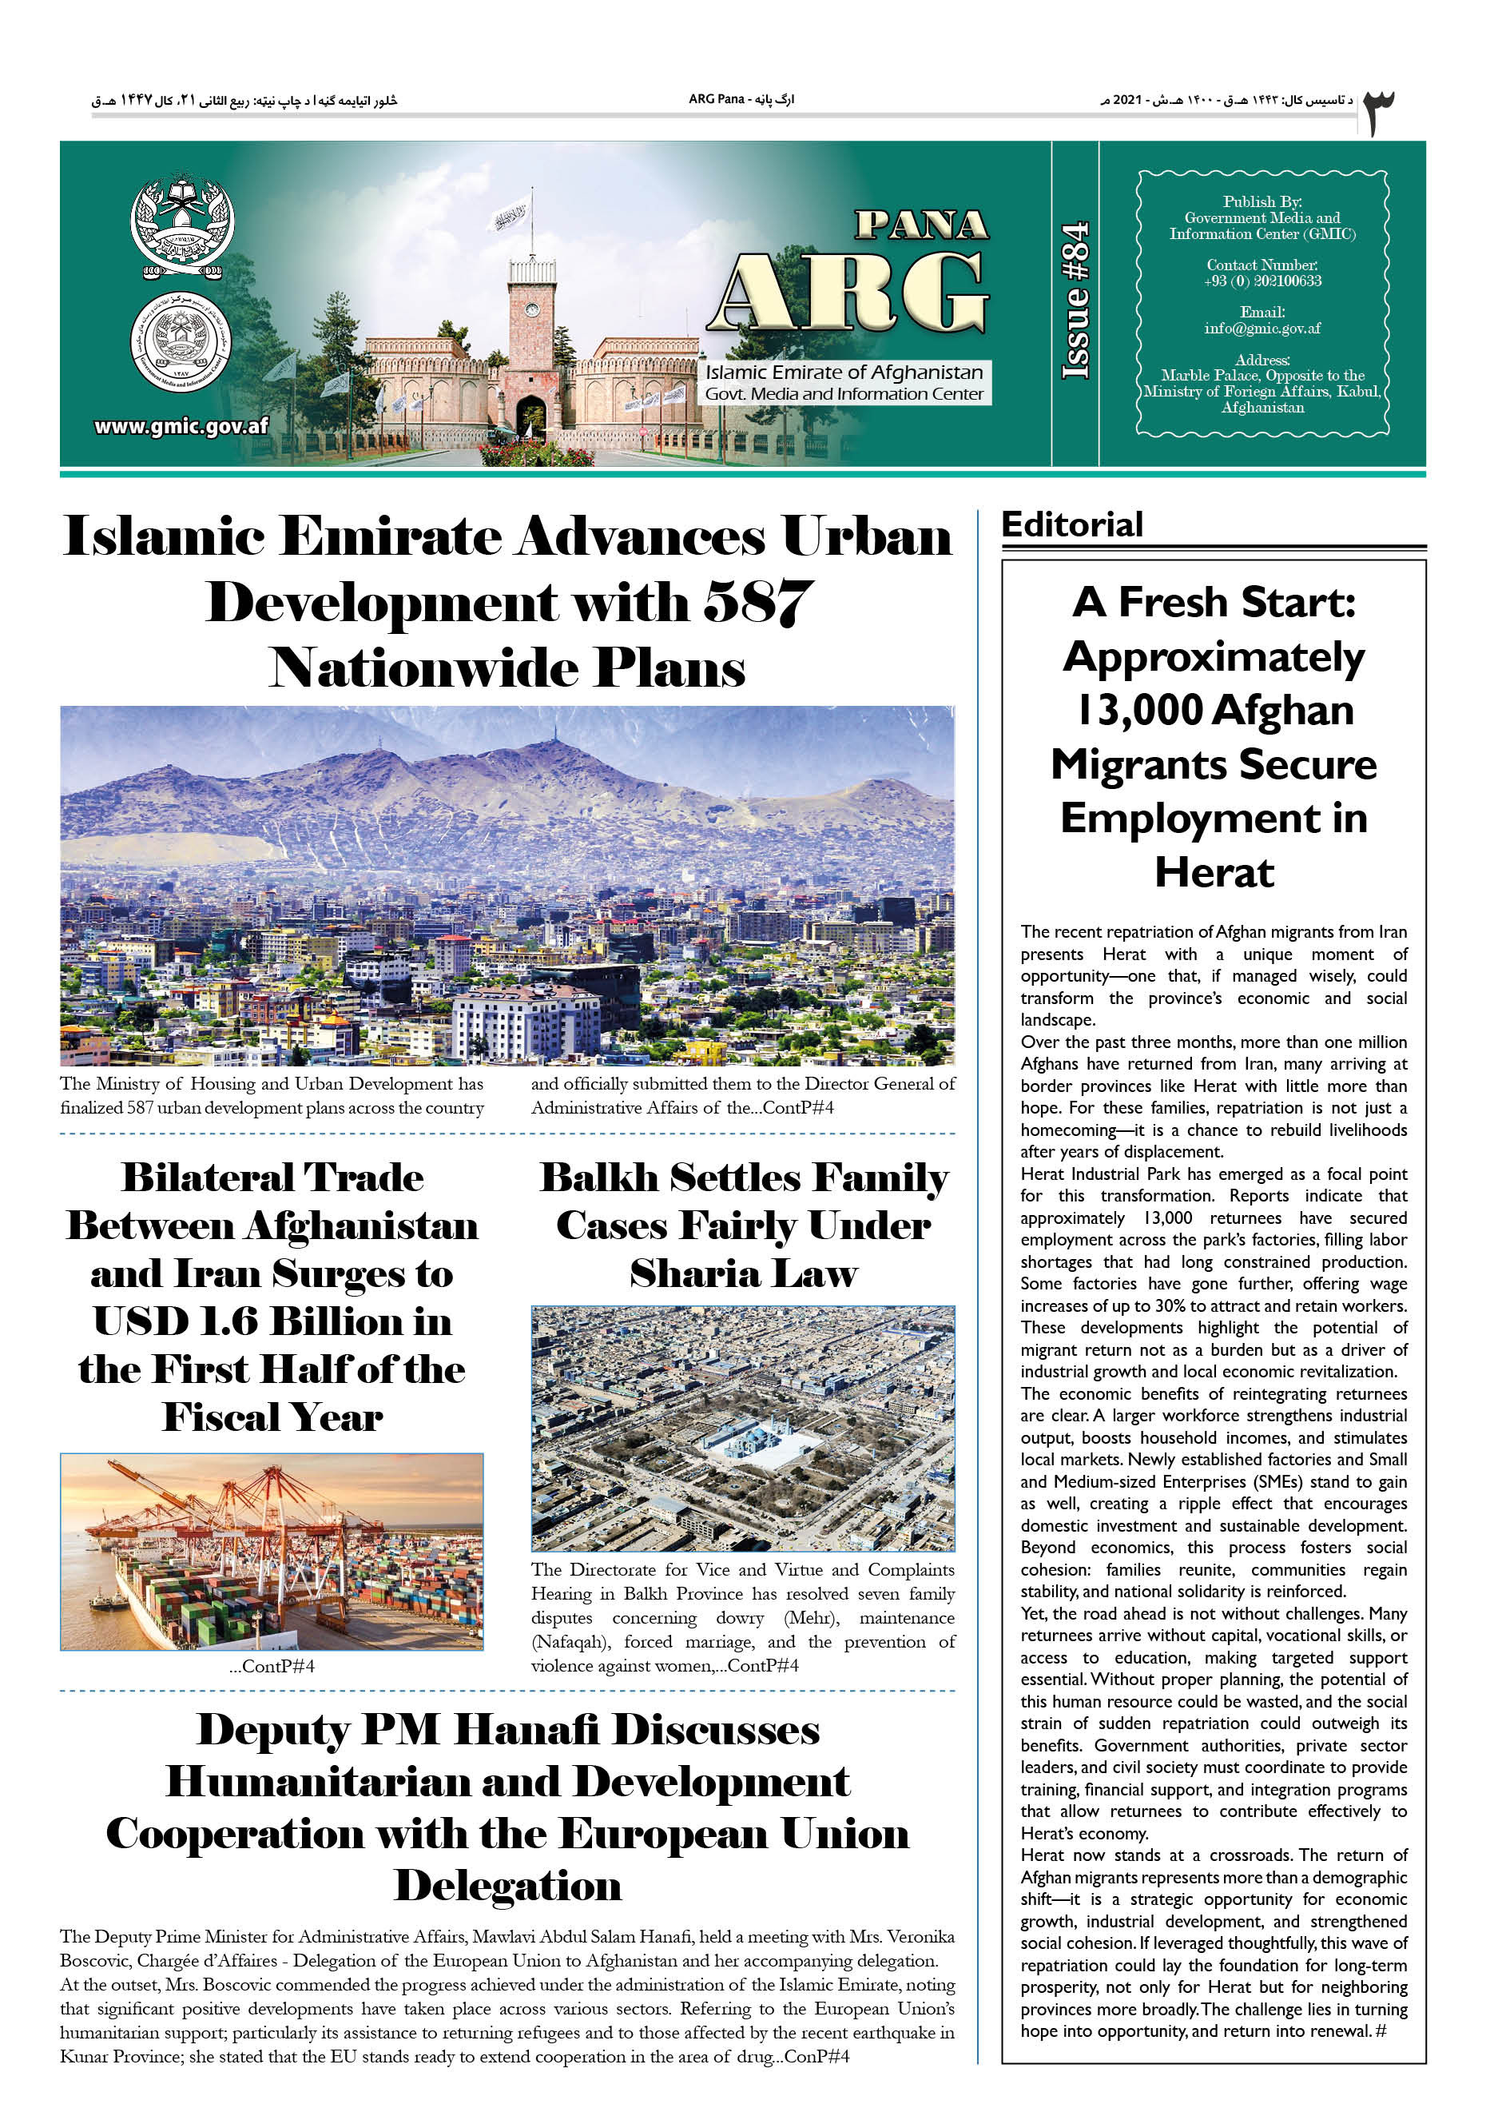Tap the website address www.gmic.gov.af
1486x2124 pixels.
181,426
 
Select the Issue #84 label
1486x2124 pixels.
1075,301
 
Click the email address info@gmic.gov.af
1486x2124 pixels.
1262,329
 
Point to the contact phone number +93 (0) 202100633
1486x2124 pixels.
1262,281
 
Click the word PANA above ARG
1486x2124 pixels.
921,225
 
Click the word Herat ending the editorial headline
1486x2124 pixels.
1214,872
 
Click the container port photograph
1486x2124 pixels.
272,1551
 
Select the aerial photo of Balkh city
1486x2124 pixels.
742,1429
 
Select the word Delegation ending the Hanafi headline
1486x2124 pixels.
507,1885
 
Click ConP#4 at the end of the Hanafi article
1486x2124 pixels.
817,2057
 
